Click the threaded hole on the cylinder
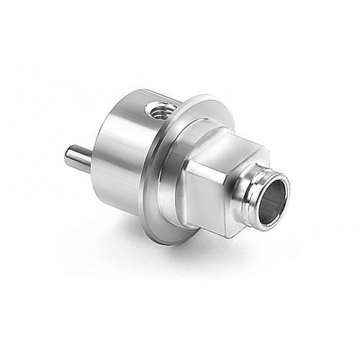click(x=156, y=111)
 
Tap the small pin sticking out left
click(x=78, y=158)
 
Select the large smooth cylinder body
click(x=130, y=151)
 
